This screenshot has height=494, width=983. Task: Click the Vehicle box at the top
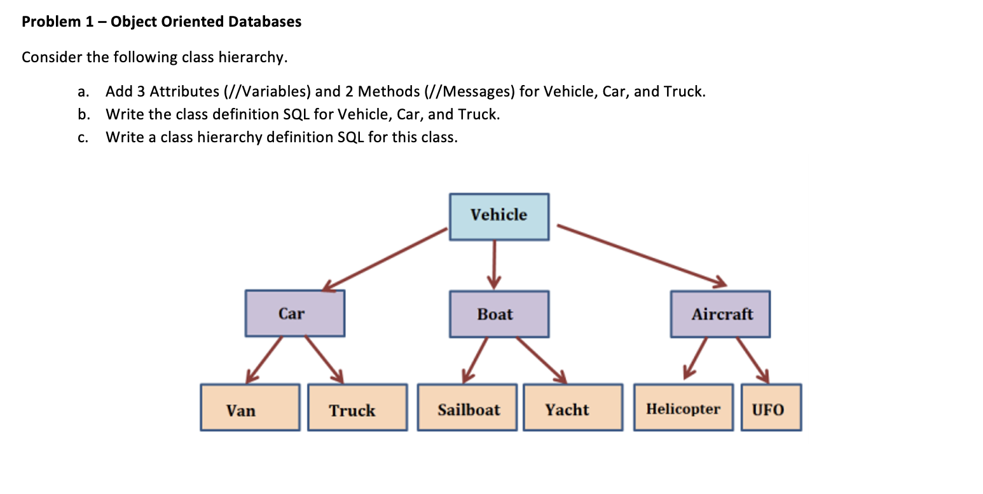coord(499,217)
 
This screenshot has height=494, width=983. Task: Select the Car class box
coord(295,314)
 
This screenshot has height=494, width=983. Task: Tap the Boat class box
coord(499,314)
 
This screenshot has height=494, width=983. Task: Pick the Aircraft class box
coord(720,314)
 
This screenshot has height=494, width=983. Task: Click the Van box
coord(250,408)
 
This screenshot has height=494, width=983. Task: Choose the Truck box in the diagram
coord(357,408)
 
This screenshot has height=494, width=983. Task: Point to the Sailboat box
coord(467,408)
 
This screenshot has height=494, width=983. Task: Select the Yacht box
coord(573,408)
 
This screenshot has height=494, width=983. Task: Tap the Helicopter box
coord(684,408)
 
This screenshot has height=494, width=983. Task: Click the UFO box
coord(771,408)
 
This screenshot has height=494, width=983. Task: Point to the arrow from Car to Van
coord(265,359)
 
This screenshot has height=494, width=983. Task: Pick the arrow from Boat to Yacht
coord(540,359)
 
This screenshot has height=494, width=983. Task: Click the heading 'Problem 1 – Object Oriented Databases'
coord(162,22)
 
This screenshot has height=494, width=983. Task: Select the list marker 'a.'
coord(83,91)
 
